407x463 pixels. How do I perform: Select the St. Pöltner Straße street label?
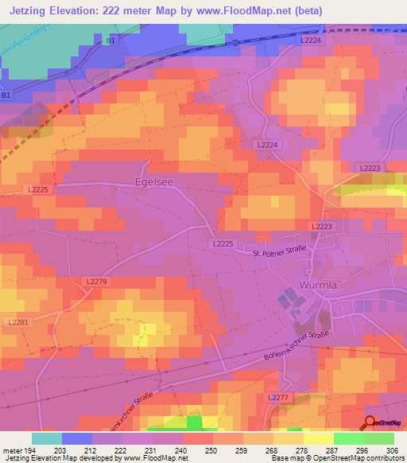click(280, 254)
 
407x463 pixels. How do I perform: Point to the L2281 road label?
click(16, 321)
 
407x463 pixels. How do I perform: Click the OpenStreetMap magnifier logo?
click(370, 423)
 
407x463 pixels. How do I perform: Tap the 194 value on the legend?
click(33, 450)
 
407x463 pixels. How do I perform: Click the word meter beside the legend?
click(11, 450)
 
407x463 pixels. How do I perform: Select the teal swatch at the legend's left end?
click(47, 438)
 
